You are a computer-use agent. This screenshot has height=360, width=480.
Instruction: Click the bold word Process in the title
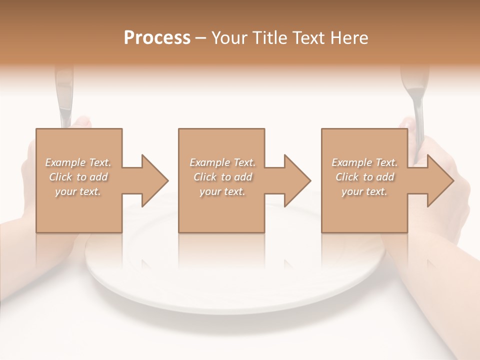[x=157, y=38]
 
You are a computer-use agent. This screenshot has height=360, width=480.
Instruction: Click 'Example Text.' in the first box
[x=78, y=162]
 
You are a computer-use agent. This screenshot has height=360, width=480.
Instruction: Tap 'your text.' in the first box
[x=78, y=191]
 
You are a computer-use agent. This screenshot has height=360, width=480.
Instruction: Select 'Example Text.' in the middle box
[x=222, y=162]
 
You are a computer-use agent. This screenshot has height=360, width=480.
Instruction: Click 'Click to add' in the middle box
[x=222, y=177]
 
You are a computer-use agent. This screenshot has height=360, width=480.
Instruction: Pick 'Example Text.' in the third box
[x=364, y=162]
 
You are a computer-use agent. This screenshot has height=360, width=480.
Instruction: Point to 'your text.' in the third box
[x=364, y=191]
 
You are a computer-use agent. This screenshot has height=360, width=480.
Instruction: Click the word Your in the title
[x=229, y=38]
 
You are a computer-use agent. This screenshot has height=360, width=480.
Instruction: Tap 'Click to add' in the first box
[x=78, y=177]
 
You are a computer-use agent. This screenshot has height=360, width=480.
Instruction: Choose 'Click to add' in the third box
[x=364, y=177]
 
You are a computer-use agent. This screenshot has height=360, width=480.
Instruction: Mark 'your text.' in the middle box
[x=222, y=191]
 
